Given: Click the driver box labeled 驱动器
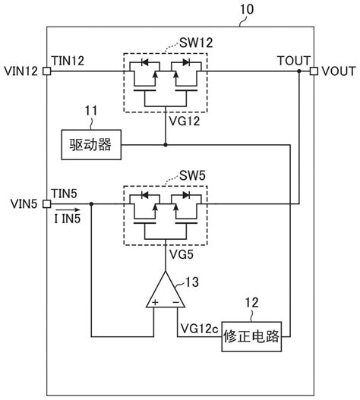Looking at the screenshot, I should (x=90, y=144).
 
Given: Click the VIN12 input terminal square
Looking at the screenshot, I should (x=47, y=71).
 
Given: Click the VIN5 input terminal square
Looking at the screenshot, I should (x=47, y=204).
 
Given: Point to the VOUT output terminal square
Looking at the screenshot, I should (x=313, y=71).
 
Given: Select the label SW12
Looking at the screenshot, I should (x=196, y=43).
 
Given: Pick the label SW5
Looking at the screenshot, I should (x=193, y=175).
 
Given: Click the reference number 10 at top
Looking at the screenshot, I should (x=248, y=10).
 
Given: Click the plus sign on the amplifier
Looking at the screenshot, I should (x=154, y=302).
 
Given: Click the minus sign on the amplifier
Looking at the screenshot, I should (x=175, y=302).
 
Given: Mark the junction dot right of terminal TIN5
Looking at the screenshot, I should (x=92, y=204).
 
